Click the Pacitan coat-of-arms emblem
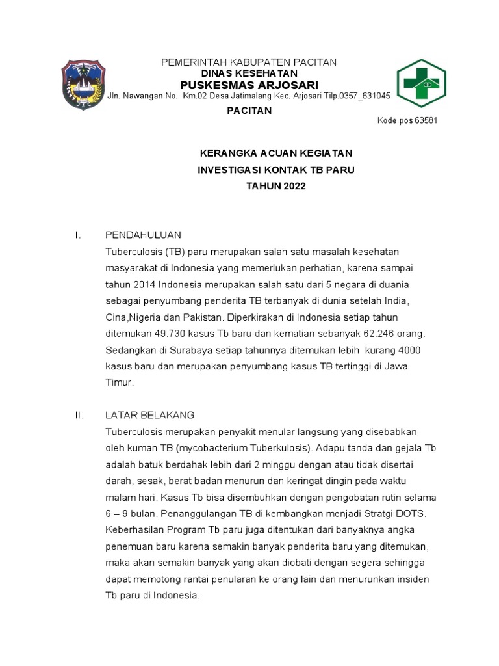click(83, 85)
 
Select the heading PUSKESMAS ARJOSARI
click(249, 85)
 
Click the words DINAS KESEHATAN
click(249, 73)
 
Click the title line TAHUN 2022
click(275, 186)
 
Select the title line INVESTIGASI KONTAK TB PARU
click(276, 170)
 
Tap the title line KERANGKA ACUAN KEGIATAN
click(275, 153)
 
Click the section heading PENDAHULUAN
click(143, 235)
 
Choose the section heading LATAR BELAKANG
click(149, 415)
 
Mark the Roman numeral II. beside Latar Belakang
click(80, 415)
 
